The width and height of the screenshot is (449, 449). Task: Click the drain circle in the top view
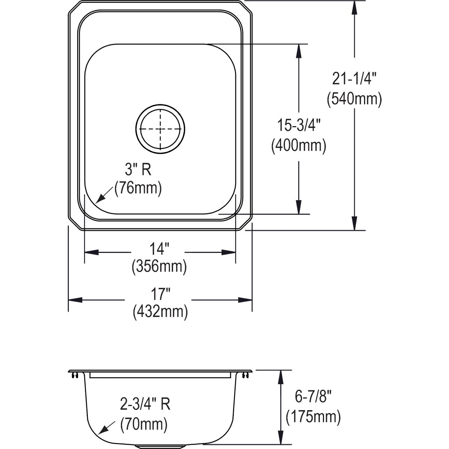pos(161,128)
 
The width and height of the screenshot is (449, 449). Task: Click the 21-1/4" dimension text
pos(354,79)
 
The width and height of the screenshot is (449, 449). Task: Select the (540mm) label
pos(354,100)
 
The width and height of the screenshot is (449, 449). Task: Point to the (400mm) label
pos(299,145)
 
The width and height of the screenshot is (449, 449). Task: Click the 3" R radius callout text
pos(138,170)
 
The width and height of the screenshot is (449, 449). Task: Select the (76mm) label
pos(138,188)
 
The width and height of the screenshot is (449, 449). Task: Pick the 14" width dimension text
pos(159,249)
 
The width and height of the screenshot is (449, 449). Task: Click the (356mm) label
pos(159,267)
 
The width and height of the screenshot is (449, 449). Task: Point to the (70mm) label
pos(144,424)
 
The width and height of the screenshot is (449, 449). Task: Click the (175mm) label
pos(313,417)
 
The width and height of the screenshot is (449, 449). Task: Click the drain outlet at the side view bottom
pos(160,446)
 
